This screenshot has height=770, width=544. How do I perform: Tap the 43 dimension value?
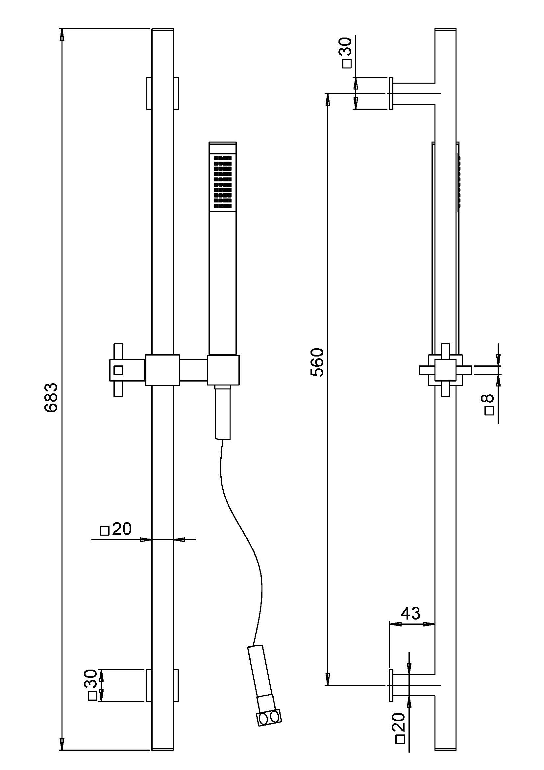coord(411,613)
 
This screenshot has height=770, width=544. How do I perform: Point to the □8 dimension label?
coord(489,405)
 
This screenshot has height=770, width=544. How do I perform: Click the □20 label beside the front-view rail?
coord(116,529)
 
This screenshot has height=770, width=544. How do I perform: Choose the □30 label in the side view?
coord(346,53)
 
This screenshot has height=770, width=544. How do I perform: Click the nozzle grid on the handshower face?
coord(223,182)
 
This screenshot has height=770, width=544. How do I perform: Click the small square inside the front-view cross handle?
coord(118,370)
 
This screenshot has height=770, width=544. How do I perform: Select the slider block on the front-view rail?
coord(162,370)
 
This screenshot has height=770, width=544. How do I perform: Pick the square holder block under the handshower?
coord(223,370)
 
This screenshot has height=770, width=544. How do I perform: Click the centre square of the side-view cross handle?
coord(445,370)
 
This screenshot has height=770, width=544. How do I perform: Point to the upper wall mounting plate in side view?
coord(391,93)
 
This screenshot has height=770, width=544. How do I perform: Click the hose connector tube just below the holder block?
coord(223,412)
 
